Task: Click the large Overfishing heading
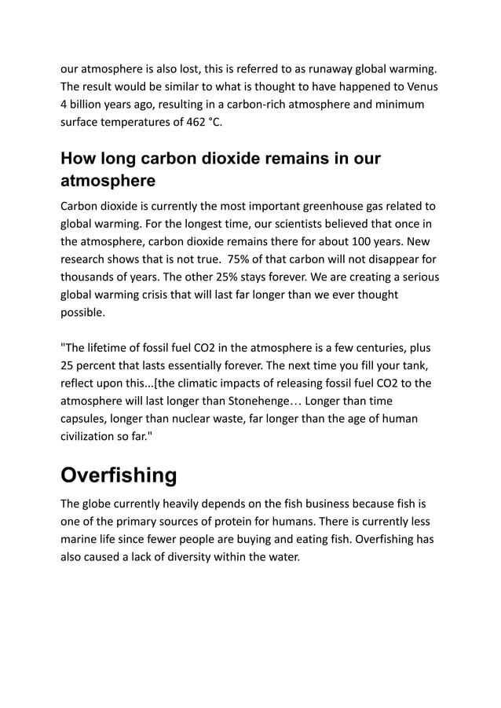tap(119, 476)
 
